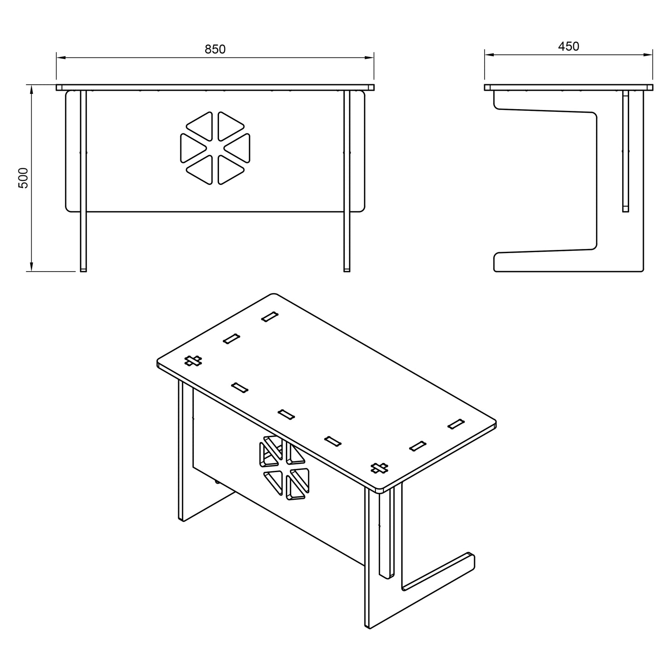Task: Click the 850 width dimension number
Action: (215, 49)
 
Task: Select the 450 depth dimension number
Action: (568, 46)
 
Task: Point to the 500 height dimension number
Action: (23, 178)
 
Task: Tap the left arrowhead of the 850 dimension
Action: (61, 58)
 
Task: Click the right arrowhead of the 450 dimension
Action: (648, 54)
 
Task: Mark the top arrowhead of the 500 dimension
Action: (31, 90)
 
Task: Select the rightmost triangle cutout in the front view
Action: (237, 148)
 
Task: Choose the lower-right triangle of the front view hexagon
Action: (230, 170)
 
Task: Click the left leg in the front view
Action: (83, 181)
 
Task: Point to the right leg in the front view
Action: (347, 181)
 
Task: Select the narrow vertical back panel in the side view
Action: (626, 151)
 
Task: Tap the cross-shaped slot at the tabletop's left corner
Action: (193, 361)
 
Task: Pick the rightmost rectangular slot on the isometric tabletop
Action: (456, 424)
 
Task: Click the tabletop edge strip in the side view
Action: (568, 87)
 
